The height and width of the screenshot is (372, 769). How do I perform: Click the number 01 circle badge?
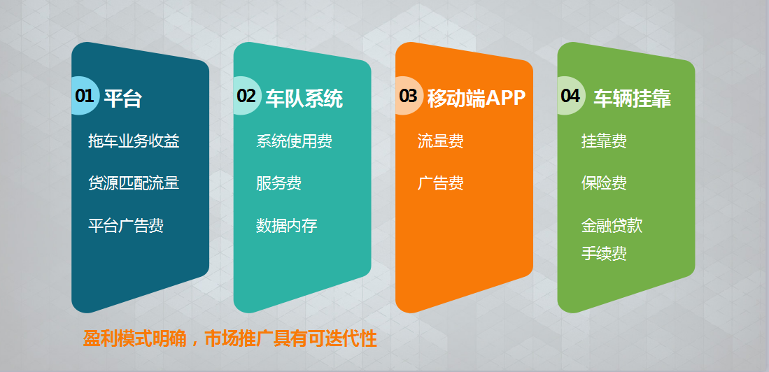click(x=85, y=96)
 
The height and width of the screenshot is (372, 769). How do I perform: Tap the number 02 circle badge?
click(x=247, y=96)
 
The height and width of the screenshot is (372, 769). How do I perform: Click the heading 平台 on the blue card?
click(x=122, y=99)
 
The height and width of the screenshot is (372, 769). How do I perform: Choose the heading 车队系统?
click(x=304, y=99)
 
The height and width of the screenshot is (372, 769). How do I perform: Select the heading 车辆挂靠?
click(x=632, y=99)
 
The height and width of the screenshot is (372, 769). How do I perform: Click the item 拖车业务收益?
click(x=134, y=141)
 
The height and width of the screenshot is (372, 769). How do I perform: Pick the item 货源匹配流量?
click(x=134, y=183)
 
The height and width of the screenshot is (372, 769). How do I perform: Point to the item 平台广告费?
click(x=126, y=226)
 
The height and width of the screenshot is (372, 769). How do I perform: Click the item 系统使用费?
click(x=295, y=141)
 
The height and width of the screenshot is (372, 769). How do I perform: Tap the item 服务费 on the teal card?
click(x=278, y=183)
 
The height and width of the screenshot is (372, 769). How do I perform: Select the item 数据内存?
click(x=286, y=226)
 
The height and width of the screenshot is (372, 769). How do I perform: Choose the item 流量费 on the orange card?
click(x=440, y=141)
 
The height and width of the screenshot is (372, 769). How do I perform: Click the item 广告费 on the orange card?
click(x=440, y=183)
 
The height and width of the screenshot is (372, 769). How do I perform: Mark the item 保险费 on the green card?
click(x=605, y=183)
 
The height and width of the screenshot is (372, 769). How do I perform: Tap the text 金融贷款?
click(x=612, y=226)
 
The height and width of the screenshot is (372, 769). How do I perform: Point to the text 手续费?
click(x=605, y=254)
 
